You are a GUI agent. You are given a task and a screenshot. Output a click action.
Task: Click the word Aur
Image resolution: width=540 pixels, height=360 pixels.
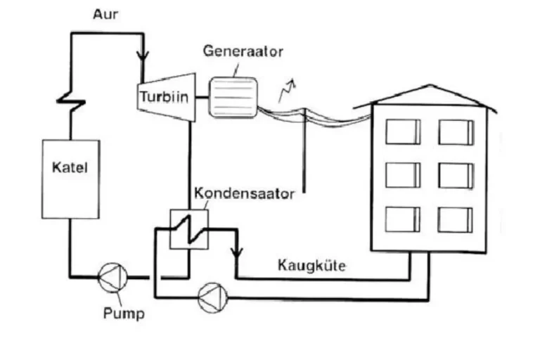(x=105, y=14)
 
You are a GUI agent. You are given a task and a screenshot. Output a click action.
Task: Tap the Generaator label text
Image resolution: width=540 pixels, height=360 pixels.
(x=243, y=51)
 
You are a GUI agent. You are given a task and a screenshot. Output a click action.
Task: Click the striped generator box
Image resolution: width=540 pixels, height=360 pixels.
(x=233, y=98)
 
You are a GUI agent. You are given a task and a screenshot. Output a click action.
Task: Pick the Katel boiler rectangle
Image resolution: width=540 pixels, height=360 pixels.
(x=71, y=179)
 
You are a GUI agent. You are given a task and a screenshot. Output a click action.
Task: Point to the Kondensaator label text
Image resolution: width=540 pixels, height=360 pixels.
(x=245, y=193)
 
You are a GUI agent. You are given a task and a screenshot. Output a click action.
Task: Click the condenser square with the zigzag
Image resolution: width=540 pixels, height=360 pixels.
(x=189, y=229)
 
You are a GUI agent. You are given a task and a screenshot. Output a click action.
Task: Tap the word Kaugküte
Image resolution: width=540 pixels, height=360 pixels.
(x=311, y=266)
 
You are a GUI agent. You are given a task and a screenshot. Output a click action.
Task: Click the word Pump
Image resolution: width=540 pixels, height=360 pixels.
(x=124, y=314)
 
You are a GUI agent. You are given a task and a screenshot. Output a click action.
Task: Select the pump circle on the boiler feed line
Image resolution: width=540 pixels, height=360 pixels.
(x=113, y=278)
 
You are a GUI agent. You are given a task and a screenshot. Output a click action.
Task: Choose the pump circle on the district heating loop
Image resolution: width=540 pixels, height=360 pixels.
(x=213, y=298)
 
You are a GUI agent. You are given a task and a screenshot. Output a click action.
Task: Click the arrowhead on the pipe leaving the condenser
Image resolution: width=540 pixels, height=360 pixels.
(x=236, y=253)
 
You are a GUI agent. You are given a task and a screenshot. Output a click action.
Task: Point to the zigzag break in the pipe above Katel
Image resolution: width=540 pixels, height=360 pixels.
(x=71, y=102)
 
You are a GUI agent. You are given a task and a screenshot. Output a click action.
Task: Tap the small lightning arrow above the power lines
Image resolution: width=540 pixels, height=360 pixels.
(x=287, y=90)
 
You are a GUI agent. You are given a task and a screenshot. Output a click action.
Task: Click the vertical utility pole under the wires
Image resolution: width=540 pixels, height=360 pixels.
(x=304, y=150)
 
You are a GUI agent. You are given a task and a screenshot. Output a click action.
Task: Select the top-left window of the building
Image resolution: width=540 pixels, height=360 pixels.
(x=403, y=131)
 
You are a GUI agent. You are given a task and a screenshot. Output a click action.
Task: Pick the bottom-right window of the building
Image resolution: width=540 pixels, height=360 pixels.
(x=456, y=220)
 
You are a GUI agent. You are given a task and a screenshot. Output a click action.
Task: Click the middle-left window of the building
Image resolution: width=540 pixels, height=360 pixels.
(x=403, y=175)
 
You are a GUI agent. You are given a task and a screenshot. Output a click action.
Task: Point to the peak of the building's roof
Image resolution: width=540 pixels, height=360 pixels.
(x=430, y=85)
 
